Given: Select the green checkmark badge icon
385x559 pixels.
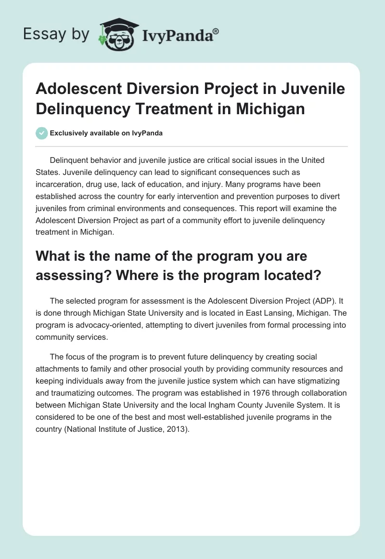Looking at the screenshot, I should point(42,133).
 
